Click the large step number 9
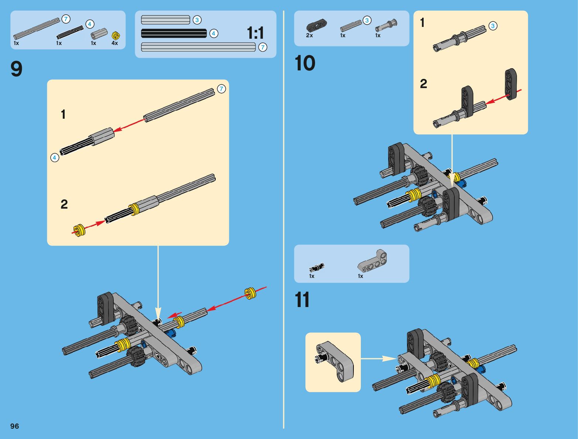tap(17, 69)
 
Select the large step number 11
tap(302, 300)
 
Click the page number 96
tap(14, 426)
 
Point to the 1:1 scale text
tap(256, 33)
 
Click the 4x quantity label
tap(115, 43)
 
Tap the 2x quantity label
tap(309, 35)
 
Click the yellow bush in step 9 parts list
tap(116, 35)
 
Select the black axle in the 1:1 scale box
tap(174, 33)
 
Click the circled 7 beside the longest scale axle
tap(263, 47)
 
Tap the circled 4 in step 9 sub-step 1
tap(55, 158)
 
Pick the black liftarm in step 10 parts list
tap(316, 25)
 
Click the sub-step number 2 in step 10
tap(424, 84)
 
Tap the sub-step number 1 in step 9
tap(63, 115)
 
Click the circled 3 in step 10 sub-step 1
tap(493, 26)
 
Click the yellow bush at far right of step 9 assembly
tap(250, 293)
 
